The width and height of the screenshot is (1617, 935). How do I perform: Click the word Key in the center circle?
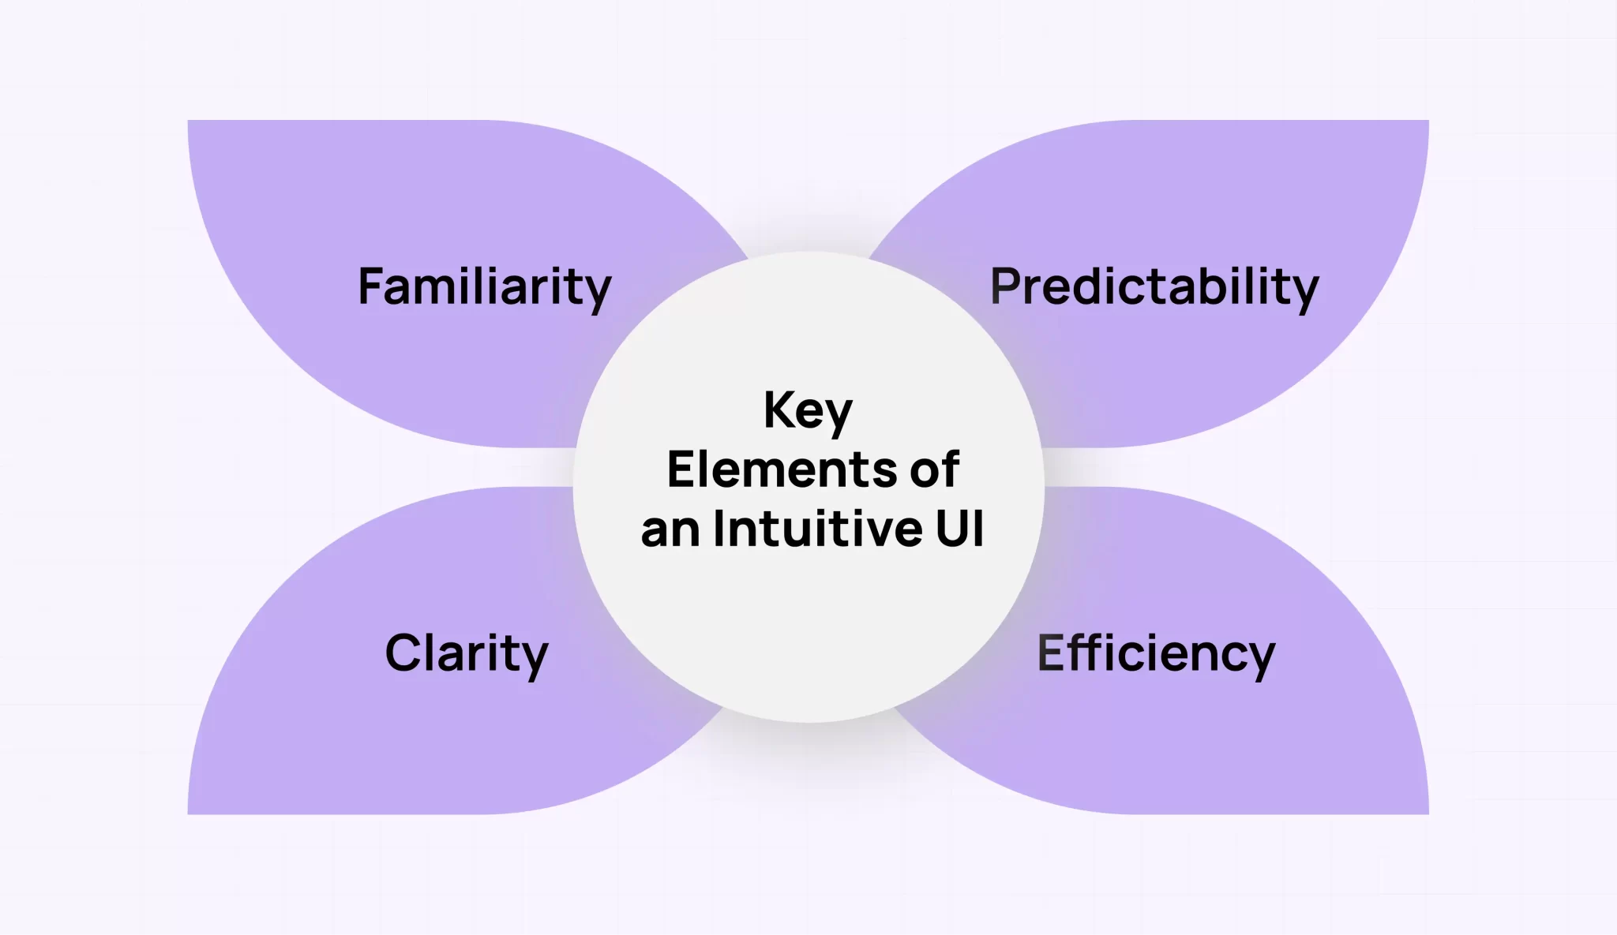click(x=808, y=410)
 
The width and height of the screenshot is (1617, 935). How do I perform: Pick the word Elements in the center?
click(x=782, y=469)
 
